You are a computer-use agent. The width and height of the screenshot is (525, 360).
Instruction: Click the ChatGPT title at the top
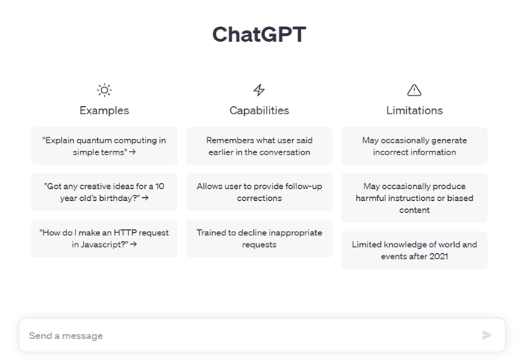coord(259,34)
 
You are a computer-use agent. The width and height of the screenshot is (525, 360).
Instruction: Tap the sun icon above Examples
coord(104,90)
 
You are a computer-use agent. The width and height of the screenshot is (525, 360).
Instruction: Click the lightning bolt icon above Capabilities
coord(259,90)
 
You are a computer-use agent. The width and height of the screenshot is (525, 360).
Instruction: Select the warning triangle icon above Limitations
coord(414,90)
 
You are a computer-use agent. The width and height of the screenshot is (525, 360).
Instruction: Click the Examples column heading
coord(104,111)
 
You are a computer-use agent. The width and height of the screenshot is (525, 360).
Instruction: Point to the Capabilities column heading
coord(259,111)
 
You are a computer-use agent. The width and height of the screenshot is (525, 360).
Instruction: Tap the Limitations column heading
coord(414,111)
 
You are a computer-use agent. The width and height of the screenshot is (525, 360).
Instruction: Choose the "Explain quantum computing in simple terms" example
coord(104,146)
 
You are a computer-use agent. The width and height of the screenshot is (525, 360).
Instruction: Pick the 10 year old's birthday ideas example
coord(104,192)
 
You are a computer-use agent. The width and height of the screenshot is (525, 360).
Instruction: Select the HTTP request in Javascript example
coord(104,238)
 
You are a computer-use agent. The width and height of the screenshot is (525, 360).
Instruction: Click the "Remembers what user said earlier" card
coord(259,146)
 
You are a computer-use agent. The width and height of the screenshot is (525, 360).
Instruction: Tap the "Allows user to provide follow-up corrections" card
coord(259,192)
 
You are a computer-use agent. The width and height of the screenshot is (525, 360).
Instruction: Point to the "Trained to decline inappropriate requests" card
coord(259,238)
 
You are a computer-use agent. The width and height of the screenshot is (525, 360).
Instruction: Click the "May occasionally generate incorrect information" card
coord(414,146)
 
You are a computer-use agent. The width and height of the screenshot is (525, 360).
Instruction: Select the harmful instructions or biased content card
coord(414,198)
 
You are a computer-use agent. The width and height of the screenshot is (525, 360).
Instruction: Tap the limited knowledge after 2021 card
coord(414,250)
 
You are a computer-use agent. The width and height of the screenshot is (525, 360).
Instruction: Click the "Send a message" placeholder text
coord(66,335)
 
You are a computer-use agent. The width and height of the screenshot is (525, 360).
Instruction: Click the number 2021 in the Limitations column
coord(438,256)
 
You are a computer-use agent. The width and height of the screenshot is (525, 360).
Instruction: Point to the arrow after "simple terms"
coord(132,152)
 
